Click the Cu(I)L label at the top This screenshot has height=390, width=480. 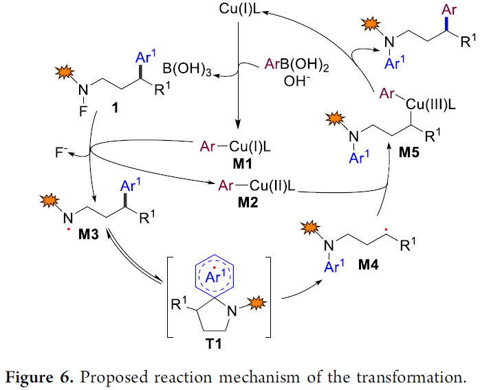coord(240,9)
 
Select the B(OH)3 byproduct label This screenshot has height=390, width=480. coord(187,69)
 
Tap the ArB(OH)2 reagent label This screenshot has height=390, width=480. coord(296,65)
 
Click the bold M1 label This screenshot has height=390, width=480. coord(243,164)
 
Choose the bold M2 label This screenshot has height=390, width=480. coord(248,203)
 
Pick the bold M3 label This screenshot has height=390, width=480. coord(89,234)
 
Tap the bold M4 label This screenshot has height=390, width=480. coord(369,264)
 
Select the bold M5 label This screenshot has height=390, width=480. coord(409,152)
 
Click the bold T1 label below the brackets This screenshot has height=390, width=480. coord(214,344)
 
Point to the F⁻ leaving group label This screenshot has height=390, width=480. coord(61,152)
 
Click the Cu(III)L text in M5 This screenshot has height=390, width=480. coord(430,105)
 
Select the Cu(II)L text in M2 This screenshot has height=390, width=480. coord(272,185)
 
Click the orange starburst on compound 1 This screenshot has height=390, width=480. coord(65,73)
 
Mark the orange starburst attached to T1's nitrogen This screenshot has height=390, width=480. coord(257,303)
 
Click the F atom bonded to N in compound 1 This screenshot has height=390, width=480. coord(83,111)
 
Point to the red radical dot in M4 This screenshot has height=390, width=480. coord(386,229)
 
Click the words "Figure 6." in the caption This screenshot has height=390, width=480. coord(39,378)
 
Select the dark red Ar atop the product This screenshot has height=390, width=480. coord(449,10)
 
